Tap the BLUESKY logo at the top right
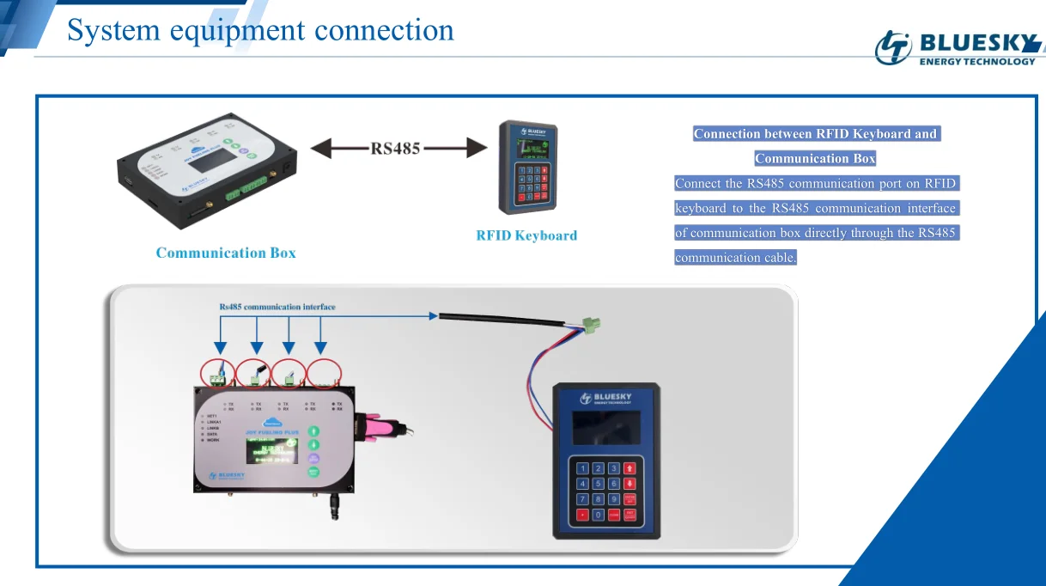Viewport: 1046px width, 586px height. click(958, 46)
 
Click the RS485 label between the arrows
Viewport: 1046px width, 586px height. click(395, 148)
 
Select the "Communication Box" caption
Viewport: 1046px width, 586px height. click(226, 253)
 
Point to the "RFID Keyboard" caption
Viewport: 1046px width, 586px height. click(526, 235)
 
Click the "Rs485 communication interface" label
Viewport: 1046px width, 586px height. click(277, 307)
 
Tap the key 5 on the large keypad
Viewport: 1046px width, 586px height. click(599, 484)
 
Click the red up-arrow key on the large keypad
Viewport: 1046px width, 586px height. click(629, 468)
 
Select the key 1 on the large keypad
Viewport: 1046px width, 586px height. click(583, 468)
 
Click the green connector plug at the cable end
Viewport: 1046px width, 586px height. click(591, 325)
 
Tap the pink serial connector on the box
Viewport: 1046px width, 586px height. click(379, 425)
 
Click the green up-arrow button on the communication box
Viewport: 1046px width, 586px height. click(314, 430)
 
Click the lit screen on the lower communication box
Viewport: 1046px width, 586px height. click(271, 449)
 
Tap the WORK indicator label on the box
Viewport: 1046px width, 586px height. click(215, 440)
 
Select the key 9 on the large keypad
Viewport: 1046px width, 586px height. click(614, 499)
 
